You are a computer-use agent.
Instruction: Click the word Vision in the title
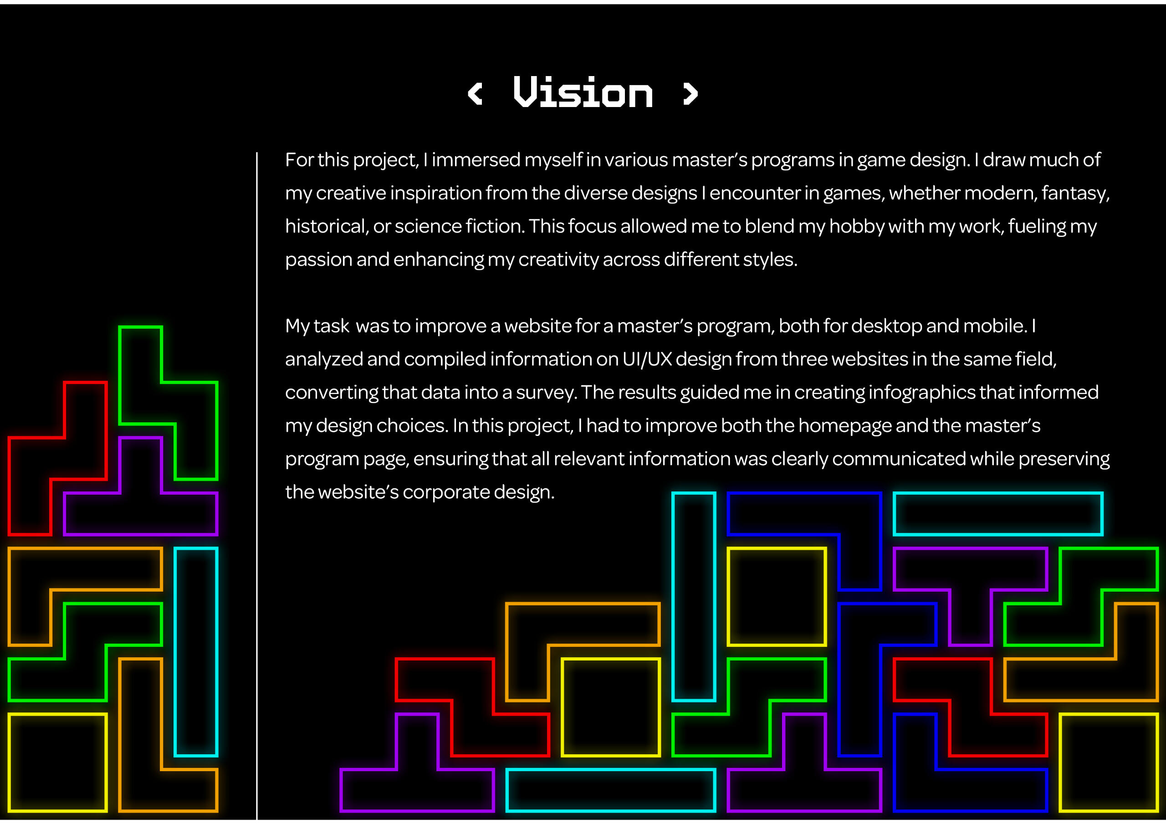pos(583,92)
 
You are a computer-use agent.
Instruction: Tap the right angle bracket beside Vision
pos(690,94)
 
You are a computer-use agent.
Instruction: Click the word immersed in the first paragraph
pos(476,160)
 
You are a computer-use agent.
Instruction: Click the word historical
pos(326,226)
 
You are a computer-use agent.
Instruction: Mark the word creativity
pos(558,260)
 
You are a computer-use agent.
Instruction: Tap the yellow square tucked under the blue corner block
pos(777,596)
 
